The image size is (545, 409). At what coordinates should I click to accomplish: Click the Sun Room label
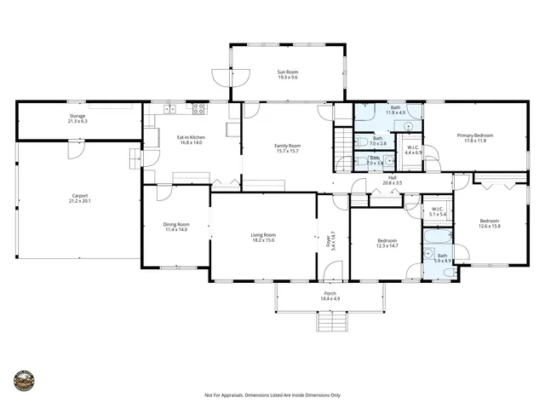[287, 72]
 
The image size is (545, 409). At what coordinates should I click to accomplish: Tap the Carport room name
[79, 196]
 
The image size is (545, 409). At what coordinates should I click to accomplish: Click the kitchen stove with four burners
[198, 108]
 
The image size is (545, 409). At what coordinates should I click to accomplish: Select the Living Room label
[262, 234]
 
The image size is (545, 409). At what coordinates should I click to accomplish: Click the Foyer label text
[332, 239]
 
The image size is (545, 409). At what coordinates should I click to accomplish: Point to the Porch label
[330, 293]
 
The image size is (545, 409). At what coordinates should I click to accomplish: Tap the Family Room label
[287, 146]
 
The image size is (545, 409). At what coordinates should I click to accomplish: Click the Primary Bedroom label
[475, 135]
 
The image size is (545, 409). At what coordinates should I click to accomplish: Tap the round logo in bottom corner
[25, 378]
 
